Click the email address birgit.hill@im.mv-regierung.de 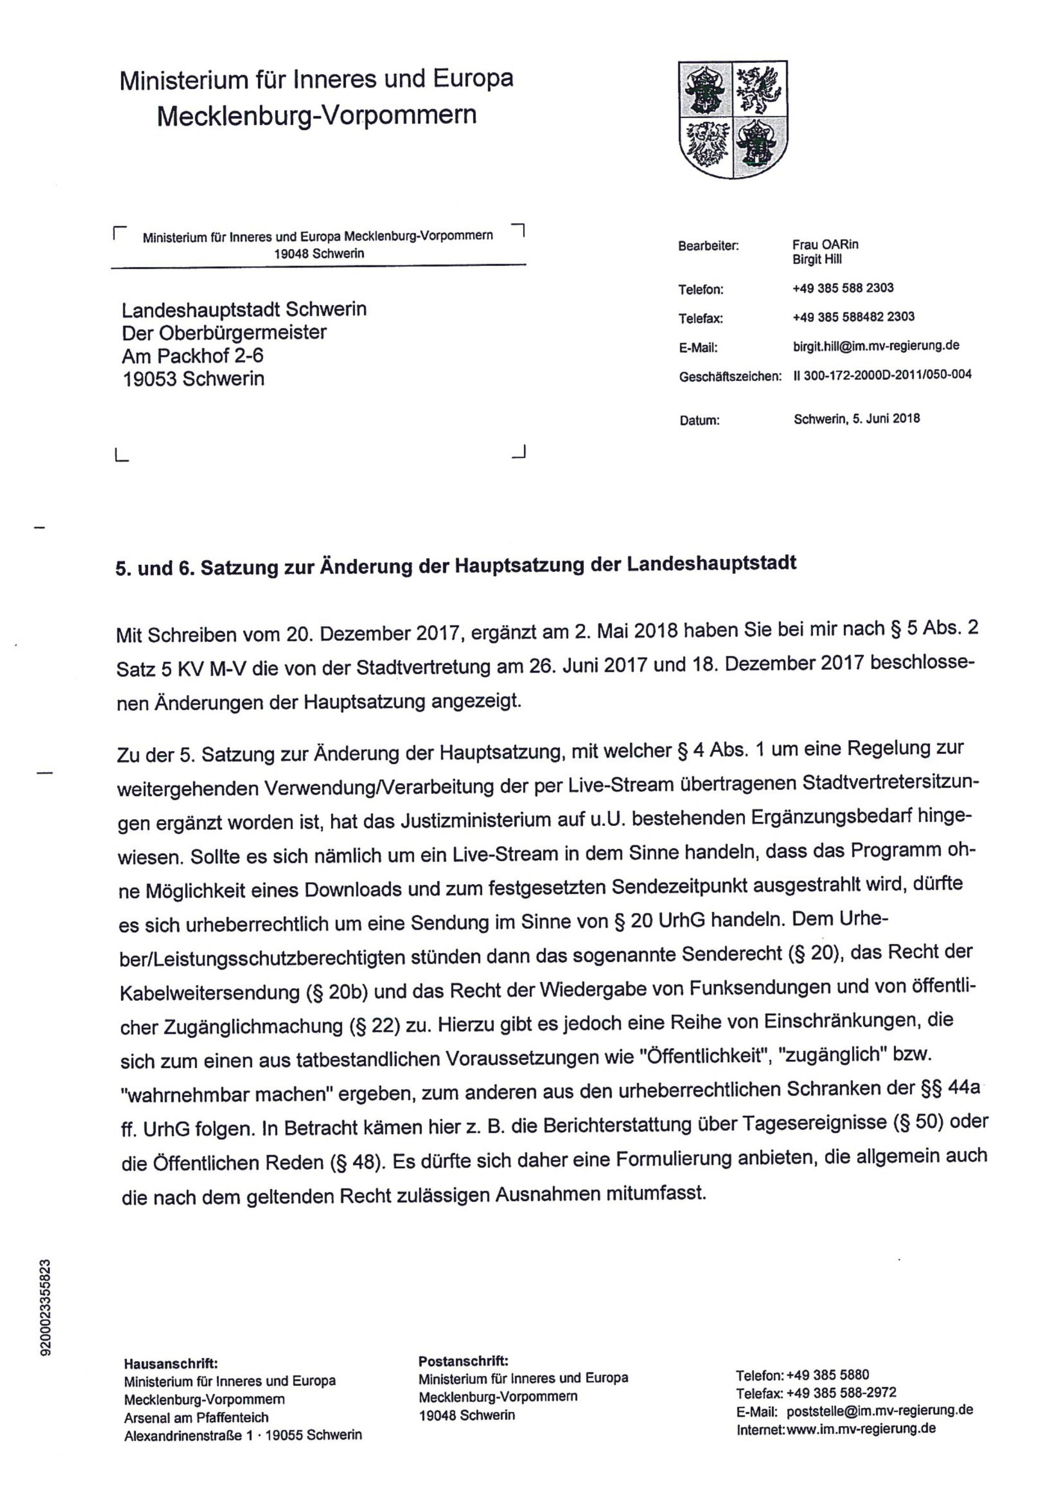coord(876,346)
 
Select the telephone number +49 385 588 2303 coord(843,288)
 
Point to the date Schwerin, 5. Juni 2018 coord(857,418)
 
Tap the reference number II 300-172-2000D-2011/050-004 coord(882,375)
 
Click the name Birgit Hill coord(817,260)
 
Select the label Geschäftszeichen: coord(730,377)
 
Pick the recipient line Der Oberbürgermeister coord(224,333)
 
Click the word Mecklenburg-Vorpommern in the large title coord(317,116)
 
